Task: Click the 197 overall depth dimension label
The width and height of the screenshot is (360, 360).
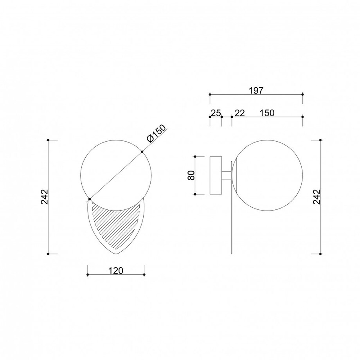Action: [256, 91]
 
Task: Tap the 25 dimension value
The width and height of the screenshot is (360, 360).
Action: [216, 113]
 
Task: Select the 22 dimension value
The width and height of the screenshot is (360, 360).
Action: [240, 113]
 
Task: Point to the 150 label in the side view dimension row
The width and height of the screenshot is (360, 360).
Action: [267, 113]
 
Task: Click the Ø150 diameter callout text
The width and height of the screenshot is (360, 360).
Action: [156, 133]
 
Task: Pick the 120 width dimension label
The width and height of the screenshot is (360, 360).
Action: [116, 271]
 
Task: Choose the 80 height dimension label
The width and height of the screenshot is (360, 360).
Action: [191, 175]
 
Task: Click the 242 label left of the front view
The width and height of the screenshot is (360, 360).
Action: [44, 197]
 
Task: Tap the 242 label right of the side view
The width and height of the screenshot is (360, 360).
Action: [316, 197]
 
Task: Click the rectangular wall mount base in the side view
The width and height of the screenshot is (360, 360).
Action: [216, 175]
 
